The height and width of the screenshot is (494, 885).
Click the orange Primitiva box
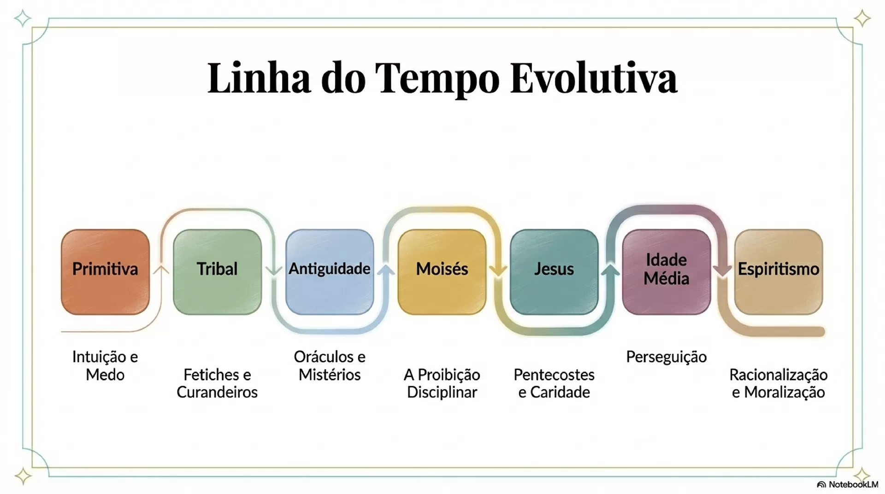pos(105,272)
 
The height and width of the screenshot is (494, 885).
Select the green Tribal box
pos(217,272)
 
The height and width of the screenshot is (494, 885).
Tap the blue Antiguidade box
pos(330,272)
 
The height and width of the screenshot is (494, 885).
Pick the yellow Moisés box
pos(442,272)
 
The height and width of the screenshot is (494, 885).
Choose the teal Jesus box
pos(554,272)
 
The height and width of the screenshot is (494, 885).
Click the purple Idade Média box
pos(667,272)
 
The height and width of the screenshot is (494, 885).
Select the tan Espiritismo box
pos(779,272)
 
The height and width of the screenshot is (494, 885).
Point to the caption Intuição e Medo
pos(105,365)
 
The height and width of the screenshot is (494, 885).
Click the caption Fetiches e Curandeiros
pos(217,383)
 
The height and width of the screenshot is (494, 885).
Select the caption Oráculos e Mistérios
pos(330,365)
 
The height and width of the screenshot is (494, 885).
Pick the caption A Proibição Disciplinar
pos(442,383)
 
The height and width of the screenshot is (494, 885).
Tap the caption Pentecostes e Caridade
pos(554,383)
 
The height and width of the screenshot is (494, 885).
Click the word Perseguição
pos(667,357)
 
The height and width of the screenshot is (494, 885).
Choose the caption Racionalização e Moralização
pos(779,383)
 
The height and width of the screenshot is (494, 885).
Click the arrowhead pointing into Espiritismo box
pos(722,271)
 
